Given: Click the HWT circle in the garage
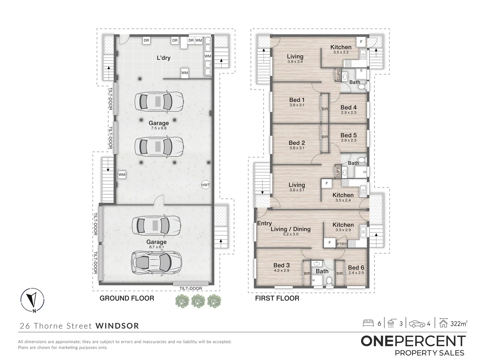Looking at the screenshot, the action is click(x=205, y=185).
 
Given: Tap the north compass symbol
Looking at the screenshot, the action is click(x=32, y=300).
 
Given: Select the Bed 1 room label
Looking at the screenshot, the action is click(x=297, y=100).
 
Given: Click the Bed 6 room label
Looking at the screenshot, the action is click(x=356, y=268).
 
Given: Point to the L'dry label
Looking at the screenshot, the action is click(x=163, y=58).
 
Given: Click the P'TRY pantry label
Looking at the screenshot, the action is click(x=342, y=244).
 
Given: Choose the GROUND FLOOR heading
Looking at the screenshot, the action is click(x=127, y=298).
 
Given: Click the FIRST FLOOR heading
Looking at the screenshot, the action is click(x=277, y=298).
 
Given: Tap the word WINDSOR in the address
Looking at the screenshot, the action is click(x=117, y=326).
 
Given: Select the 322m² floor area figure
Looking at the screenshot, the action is click(x=459, y=324).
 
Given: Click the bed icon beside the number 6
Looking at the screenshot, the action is click(x=368, y=324).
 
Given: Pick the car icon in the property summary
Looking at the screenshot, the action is click(x=417, y=324).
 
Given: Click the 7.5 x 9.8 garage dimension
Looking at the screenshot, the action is click(x=159, y=128).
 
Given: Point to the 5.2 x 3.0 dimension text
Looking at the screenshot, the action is click(x=291, y=234).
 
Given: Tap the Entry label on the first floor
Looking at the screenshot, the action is click(x=264, y=223).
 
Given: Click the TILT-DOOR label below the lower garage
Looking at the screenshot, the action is click(x=191, y=288).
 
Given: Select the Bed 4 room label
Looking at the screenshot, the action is click(x=348, y=107).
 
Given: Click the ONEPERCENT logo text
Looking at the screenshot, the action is click(x=413, y=341).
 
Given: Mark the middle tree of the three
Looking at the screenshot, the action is click(x=198, y=301).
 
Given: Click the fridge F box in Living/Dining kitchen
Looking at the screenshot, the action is click(x=330, y=243).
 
